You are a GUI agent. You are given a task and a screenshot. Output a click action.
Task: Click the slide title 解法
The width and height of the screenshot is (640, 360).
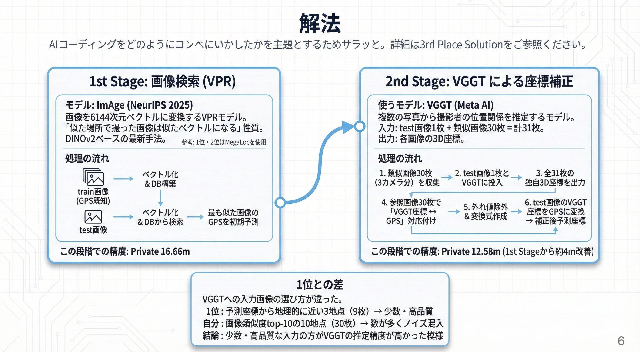[x=320, y=24]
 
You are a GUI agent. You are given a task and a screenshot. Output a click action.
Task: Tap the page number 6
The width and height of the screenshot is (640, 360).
[x=621, y=341]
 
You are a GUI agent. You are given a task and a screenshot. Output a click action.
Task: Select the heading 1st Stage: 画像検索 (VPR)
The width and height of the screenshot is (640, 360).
[x=162, y=81]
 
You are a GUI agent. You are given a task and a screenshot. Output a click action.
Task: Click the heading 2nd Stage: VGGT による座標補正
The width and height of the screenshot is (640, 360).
[x=479, y=81]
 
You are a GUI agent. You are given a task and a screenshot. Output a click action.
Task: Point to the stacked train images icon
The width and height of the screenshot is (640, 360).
[x=93, y=177]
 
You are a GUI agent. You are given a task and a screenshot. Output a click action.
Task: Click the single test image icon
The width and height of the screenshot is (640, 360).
[x=93, y=217]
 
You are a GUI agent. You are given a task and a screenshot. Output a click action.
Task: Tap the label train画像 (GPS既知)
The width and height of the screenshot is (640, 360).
[x=93, y=196]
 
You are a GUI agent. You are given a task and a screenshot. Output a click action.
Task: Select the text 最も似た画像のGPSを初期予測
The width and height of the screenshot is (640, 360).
[x=233, y=217]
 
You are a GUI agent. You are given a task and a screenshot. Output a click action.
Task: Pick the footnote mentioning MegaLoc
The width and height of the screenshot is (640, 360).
[x=224, y=142]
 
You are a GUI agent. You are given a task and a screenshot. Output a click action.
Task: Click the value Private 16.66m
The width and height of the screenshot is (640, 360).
[x=160, y=251]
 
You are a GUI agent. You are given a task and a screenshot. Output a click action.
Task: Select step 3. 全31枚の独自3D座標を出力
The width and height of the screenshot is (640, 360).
[x=555, y=178]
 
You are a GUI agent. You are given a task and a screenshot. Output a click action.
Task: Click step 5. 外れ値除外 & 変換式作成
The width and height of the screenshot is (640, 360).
[x=486, y=212]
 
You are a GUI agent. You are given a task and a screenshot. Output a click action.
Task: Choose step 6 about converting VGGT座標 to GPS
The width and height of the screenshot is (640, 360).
[x=555, y=212]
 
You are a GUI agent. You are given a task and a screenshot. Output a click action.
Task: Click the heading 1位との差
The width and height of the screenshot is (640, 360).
[x=320, y=285]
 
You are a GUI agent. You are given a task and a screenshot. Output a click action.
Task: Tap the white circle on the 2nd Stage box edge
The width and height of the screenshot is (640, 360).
[x=360, y=126]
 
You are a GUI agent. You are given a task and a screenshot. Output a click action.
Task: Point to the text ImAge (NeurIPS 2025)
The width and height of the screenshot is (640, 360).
[x=145, y=105]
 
